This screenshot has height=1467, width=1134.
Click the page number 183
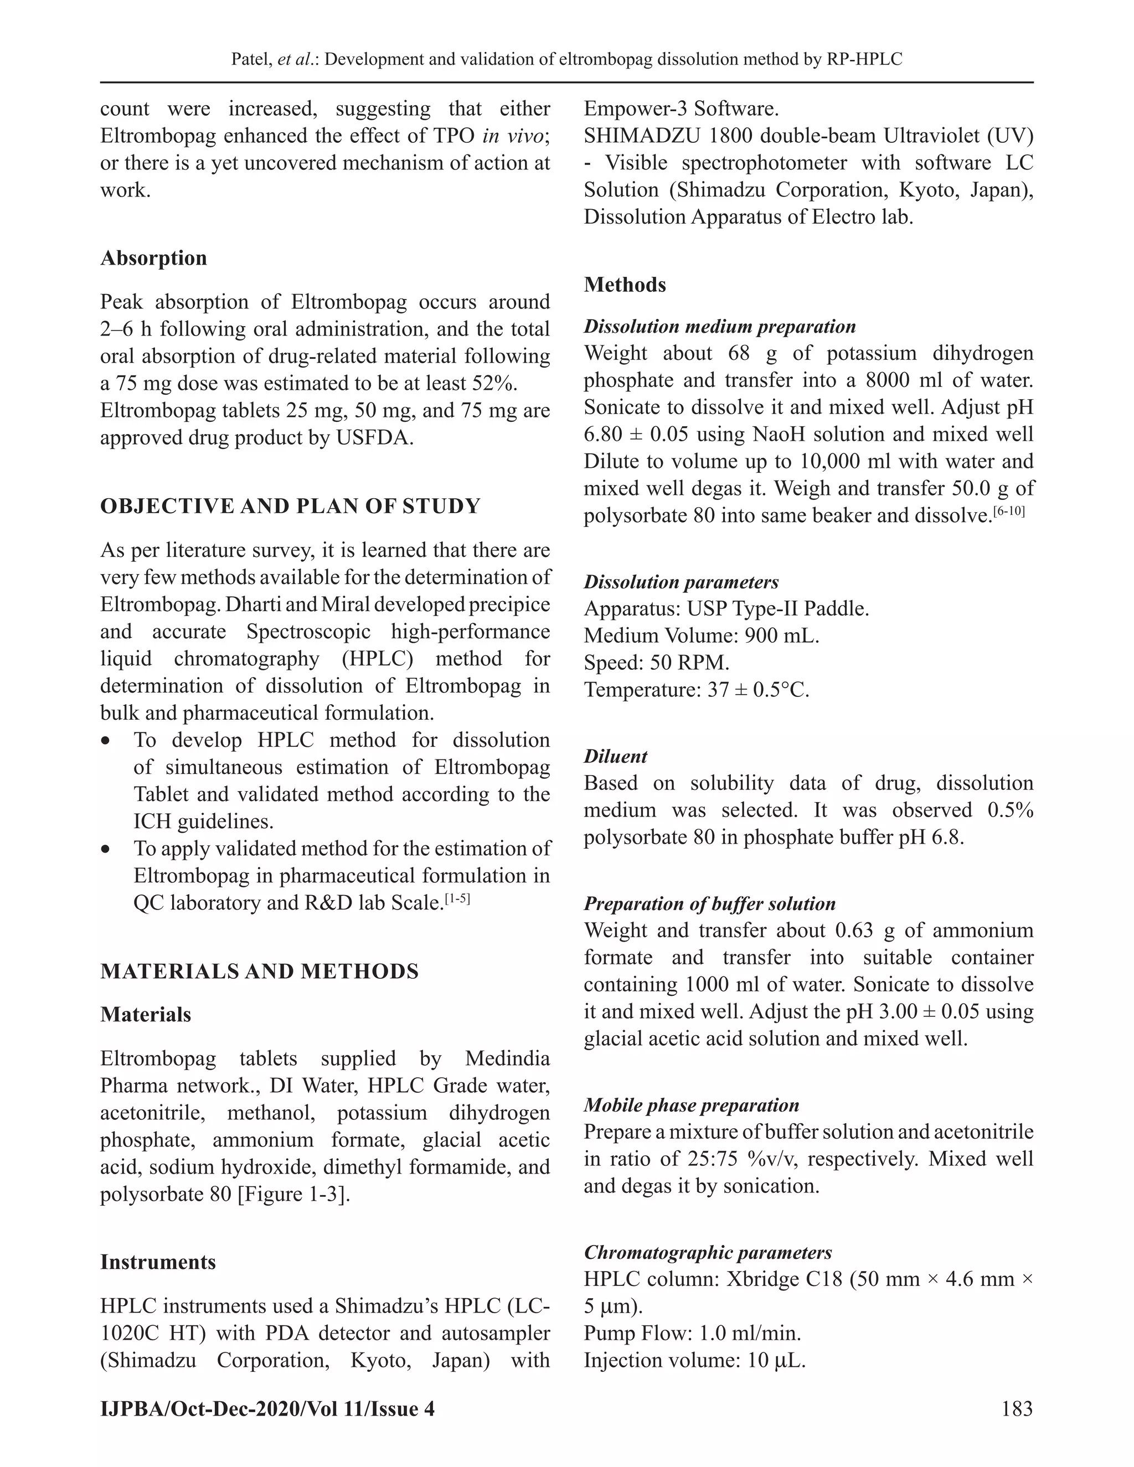click(1017, 1408)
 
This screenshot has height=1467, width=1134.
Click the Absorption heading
click(153, 258)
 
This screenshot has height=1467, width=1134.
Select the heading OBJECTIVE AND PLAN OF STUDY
click(290, 506)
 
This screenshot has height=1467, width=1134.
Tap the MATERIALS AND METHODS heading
click(259, 972)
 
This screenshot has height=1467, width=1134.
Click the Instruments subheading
click(158, 1262)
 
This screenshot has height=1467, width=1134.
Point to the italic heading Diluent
click(615, 756)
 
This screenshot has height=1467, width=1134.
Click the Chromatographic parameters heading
click(708, 1252)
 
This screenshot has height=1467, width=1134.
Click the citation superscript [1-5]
click(457, 898)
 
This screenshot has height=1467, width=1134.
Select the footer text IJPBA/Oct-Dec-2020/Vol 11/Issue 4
click(267, 1408)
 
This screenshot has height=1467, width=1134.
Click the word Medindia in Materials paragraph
click(507, 1058)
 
